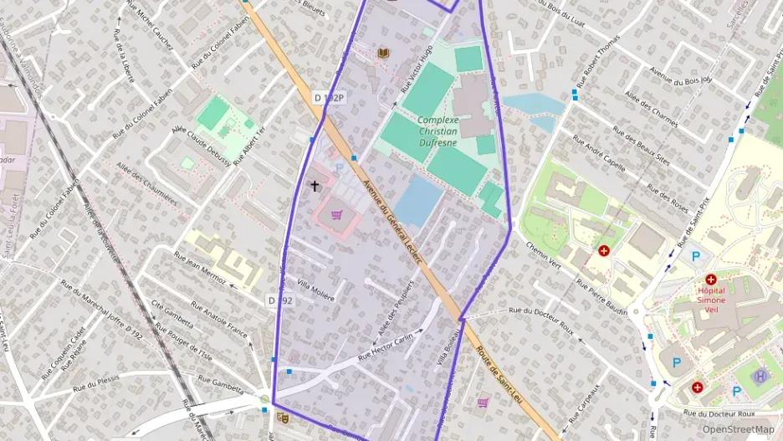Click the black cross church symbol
[315, 186]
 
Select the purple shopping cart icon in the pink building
[336, 214]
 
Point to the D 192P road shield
[330, 98]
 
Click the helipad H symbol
[760, 376]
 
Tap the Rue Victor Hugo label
[417, 68]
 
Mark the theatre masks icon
[283, 415]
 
